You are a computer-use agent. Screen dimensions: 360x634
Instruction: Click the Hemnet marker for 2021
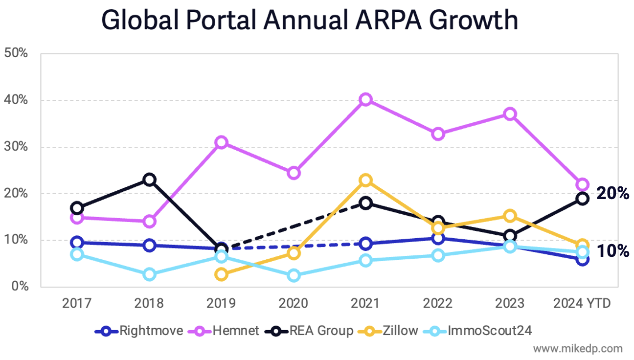[x=366, y=100]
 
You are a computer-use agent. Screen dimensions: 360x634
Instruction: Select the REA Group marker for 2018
[x=149, y=180]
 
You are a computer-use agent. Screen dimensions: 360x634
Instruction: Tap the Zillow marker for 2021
[x=366, y=180]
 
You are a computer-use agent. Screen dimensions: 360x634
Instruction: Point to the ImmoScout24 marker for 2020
[x=294, y=275]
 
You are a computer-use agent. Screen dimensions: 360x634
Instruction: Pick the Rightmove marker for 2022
[x=438, y=238]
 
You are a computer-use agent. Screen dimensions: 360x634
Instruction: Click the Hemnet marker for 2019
[x=221, y=143]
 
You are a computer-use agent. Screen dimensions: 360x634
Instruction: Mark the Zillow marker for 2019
[x=221, y=274]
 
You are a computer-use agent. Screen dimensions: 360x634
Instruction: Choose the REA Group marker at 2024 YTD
[x=582, y=198]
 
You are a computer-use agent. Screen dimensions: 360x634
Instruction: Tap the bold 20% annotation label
[x=612, y=194]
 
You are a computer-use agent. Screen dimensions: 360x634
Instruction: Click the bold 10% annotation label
[x=612, y=251]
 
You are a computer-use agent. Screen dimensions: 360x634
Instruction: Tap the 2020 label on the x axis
[x=294, y=304]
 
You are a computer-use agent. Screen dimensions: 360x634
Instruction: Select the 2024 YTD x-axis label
[x=582, y=304]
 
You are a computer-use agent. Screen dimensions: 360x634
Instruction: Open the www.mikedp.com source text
[x=578, y=349]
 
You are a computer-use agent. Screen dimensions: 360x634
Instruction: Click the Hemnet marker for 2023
[x=510, y=114]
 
